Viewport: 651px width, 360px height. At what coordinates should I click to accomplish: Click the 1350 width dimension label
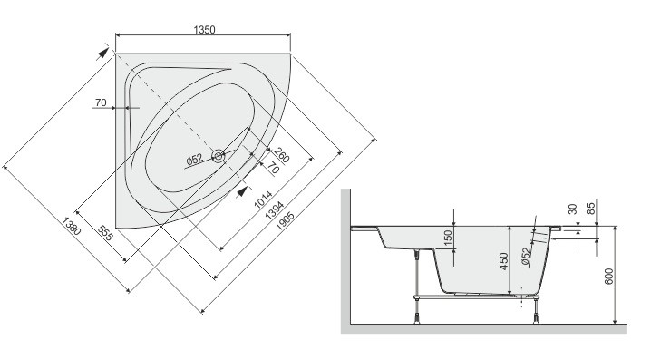[x=204, y=30]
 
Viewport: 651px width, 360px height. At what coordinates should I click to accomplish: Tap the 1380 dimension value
[x=72, y=227]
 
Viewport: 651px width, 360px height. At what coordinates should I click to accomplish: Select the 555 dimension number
[x=105, y=233]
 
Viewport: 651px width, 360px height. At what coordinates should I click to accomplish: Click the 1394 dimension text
[x=275, y=210]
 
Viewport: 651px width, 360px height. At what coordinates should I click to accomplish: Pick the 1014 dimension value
[x=263, y=199]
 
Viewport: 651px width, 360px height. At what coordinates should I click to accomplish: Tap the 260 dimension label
[x=281, y=155]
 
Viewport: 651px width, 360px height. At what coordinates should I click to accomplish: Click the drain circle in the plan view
[x=218, y=156]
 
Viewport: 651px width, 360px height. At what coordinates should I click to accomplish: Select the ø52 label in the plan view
[x=194, y=159]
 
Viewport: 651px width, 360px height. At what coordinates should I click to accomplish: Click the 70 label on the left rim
[x=101, y=102]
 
